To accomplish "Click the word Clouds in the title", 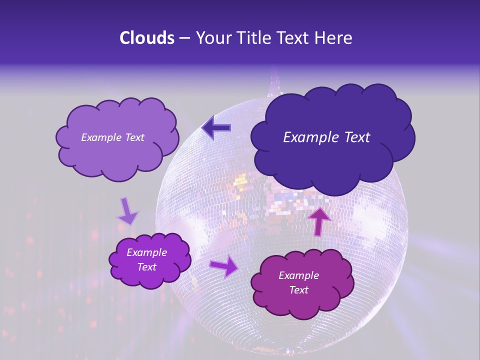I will click(147, 38).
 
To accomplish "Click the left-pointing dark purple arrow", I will click(216, 128).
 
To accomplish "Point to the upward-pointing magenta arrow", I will click(319, 220).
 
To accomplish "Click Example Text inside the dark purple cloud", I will click(326, 137).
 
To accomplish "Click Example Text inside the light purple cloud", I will click(112, 137).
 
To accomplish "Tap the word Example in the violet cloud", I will click(146, 252).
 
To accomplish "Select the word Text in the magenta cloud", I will click(298, 290).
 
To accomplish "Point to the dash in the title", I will click(184, 38).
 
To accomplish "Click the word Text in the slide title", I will click(292, 38).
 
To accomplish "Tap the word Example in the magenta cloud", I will click(298, 275).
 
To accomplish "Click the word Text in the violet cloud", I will click(146, 267).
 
